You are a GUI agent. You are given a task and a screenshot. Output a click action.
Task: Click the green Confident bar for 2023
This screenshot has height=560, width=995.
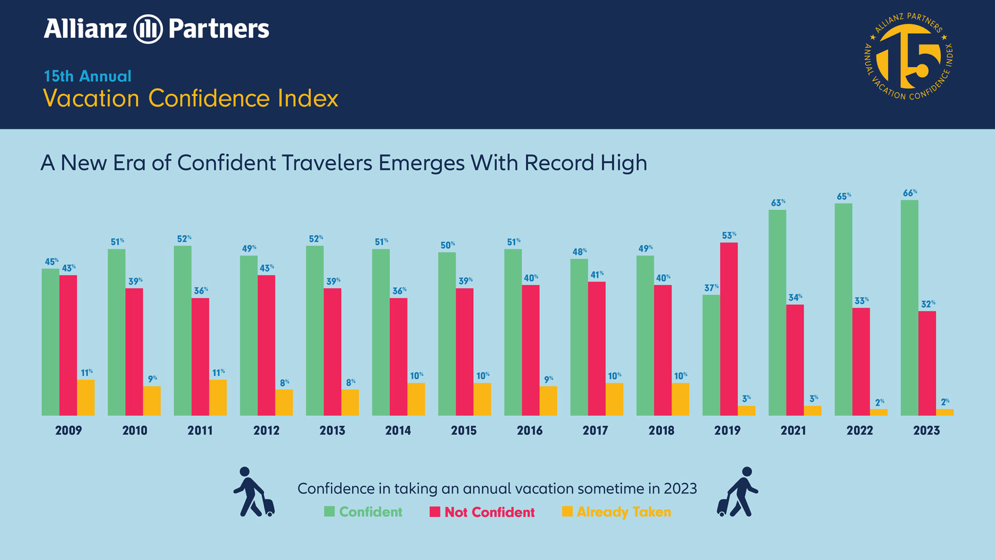click(909, 308)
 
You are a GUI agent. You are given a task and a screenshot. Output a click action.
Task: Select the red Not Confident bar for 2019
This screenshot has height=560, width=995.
click(729, 329)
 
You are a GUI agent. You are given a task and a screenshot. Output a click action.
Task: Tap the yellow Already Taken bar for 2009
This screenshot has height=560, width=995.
click(86, 398)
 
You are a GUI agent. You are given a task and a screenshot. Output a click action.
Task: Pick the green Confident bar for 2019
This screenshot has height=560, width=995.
click(711, 355)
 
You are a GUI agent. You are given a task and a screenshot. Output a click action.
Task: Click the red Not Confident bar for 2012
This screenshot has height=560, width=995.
click(266, 345)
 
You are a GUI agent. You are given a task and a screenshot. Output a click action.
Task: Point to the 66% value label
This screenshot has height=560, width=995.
click(910, 193)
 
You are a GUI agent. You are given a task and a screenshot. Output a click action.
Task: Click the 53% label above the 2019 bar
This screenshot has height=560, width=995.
click(729, 235)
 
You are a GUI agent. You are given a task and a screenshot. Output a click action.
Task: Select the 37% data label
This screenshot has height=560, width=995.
click(711, 287)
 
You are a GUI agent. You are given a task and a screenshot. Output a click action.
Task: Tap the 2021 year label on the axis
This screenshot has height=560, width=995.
click(793, 431)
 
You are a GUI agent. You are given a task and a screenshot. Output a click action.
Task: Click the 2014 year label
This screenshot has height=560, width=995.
click(398, 431)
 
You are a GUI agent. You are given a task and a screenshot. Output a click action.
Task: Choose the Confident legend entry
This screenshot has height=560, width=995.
click(363, 512)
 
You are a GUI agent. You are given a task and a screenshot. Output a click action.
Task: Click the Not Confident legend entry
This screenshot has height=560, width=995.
click(482, 512)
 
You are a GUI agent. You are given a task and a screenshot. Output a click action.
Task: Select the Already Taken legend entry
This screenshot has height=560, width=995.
click(616, 512)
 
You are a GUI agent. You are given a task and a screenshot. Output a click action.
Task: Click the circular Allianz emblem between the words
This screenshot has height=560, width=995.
click(148, 29)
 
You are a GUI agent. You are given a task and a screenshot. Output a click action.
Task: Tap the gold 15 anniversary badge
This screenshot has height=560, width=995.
click(908, 56)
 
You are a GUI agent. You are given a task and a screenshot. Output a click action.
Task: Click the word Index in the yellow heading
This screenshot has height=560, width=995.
click(308, 98)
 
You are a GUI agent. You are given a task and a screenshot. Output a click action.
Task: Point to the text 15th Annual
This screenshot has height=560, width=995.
click(88, 76)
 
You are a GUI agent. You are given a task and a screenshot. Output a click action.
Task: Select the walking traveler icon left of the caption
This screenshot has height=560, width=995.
click(254, 492)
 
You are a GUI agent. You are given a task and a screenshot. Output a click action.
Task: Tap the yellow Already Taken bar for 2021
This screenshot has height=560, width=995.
click(812, 411)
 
